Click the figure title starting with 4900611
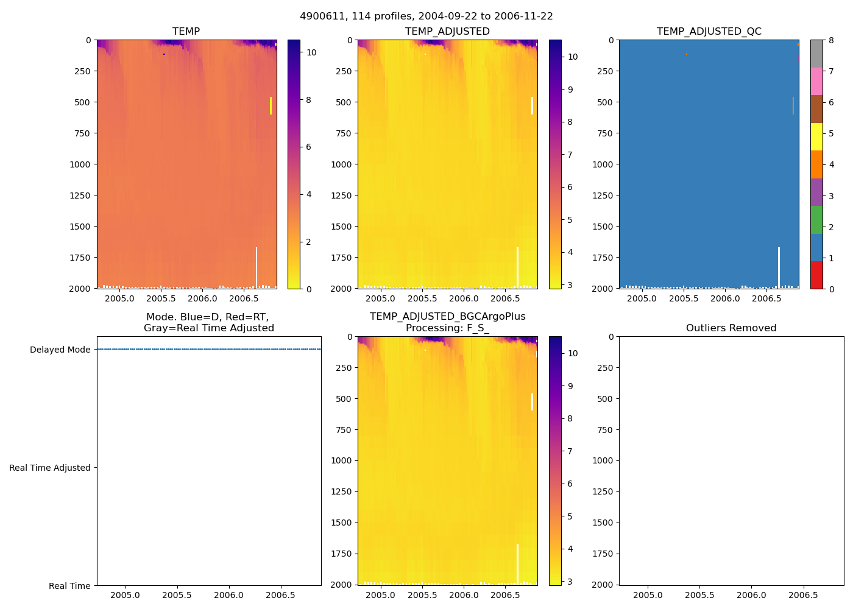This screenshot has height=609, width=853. (x=426, y=16)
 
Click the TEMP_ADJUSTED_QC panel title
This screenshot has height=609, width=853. (x=709, y=32)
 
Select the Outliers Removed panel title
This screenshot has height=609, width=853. (x=731, y=328)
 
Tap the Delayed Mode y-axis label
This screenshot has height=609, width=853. (x=60, y=350)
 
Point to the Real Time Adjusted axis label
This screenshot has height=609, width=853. (x=50, y=468)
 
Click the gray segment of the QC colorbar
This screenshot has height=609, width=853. (x=816, y=54)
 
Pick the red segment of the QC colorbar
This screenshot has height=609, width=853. (x=816, y=275)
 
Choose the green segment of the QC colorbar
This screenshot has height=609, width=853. (x=816, y=220)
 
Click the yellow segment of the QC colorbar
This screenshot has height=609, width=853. (x=816, y=137)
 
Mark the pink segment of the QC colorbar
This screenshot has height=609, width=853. (x=816, y=82)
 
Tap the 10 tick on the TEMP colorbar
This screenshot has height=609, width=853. (x=311, y=52)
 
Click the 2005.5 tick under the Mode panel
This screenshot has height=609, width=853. (x=177, y=595)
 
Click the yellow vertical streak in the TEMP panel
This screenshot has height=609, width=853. (x=271, y=105)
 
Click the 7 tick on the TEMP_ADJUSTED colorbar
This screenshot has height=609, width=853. (x=570, y=155)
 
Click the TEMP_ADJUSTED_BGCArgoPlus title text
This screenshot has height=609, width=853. (x=447, y=317)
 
